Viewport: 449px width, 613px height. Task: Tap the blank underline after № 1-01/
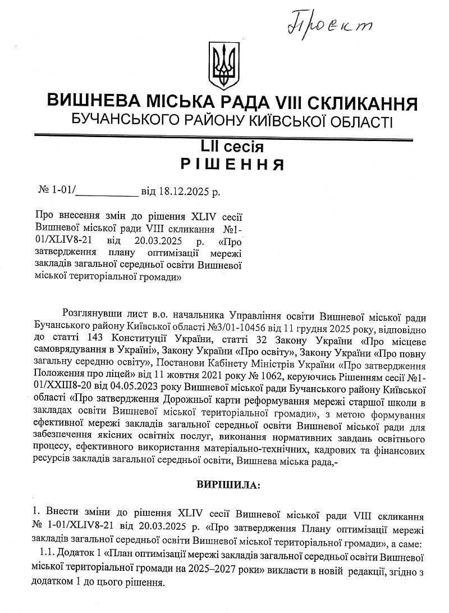click(106, 193)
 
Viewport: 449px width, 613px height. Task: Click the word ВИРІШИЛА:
click(228, 484)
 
